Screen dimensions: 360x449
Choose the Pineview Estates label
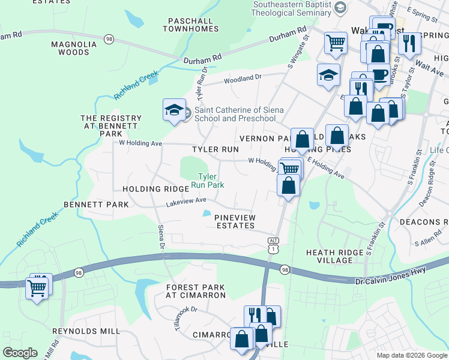point(235,221)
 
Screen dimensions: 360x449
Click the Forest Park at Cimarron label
point(196,291)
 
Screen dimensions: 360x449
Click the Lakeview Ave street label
point(186,202)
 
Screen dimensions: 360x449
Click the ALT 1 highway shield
point(273,244)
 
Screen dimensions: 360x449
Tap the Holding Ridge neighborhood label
point(151,189)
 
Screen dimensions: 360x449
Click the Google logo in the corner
point(20,352)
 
